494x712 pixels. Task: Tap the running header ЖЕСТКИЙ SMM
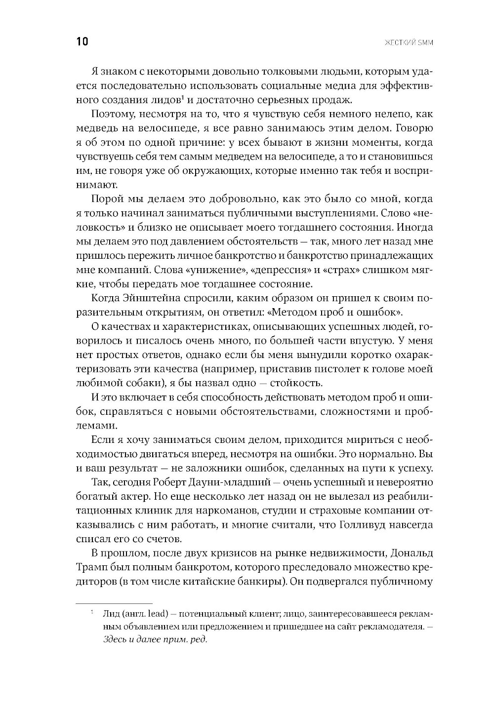point(412,42)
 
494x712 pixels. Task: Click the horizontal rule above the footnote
point(114,603)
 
